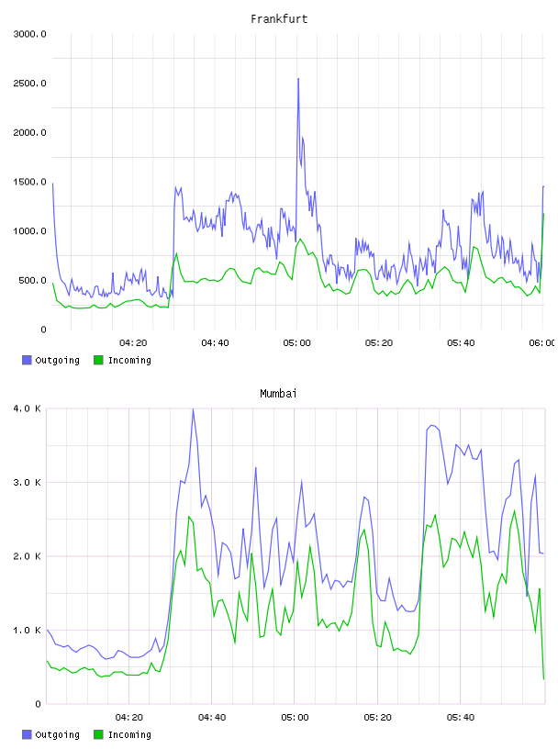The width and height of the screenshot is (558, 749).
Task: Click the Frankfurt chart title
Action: point(279,19)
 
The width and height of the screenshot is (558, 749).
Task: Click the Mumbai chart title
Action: point(278,394)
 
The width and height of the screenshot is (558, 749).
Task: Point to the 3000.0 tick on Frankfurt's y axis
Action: point(29,34)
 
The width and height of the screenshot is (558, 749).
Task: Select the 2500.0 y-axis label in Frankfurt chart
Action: point(29,84)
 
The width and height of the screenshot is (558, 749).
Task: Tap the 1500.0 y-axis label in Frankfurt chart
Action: point(29,182)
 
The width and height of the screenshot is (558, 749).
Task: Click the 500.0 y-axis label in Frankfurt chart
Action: point(32,280)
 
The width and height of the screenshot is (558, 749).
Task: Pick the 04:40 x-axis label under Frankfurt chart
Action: point(215,343)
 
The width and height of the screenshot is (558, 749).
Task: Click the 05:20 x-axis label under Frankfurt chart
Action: point(379,343)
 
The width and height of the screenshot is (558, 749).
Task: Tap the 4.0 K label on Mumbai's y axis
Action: point(28,408)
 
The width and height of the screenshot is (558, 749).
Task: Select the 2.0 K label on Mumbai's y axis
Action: point(28,556)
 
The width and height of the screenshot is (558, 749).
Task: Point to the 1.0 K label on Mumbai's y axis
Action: point(28,631)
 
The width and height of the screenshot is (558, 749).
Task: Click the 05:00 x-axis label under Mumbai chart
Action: point(295,718)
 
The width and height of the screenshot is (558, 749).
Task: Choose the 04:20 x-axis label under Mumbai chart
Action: point(129,718)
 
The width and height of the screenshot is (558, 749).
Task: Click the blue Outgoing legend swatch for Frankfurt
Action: point(27,360)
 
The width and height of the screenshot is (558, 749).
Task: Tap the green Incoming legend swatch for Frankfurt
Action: point(98,360)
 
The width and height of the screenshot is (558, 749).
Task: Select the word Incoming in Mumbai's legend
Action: point(129,734)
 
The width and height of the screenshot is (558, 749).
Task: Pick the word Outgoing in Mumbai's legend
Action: point(57,734)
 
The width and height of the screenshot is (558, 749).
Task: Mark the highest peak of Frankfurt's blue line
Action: point(298,78)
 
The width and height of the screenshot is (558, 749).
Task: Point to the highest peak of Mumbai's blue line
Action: point(193,408)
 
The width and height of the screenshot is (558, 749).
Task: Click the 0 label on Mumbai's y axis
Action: point(39,704)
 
